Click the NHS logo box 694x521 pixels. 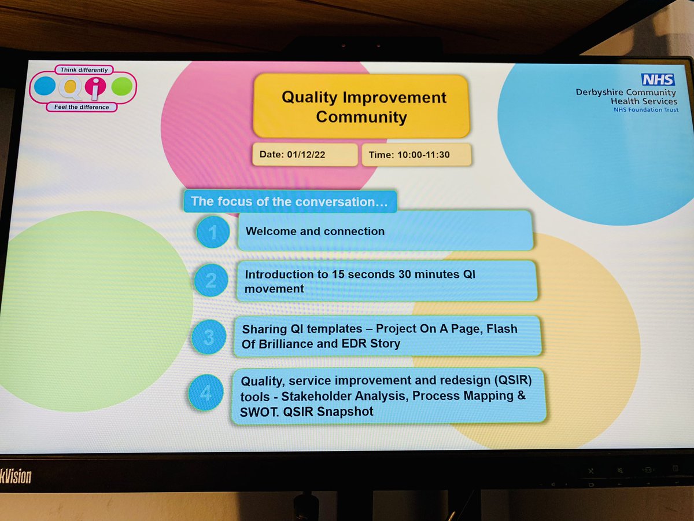[x=658, y=79]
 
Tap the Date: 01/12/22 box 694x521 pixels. [x=304, y=155]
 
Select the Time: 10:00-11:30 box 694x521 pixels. [x=416, y=155]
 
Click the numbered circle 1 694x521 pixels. [x=213, y=232]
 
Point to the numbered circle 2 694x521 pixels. [x=211, y=281]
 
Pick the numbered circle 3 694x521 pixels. [x=208, y=336]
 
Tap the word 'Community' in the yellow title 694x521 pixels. [x=361, y=118]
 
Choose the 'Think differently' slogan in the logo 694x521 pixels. [x=84, y=70]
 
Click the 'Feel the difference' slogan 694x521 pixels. [x=78, y=107]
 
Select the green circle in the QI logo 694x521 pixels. [x=121, y=87]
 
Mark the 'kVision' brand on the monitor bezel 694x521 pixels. [x=16, y=476]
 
